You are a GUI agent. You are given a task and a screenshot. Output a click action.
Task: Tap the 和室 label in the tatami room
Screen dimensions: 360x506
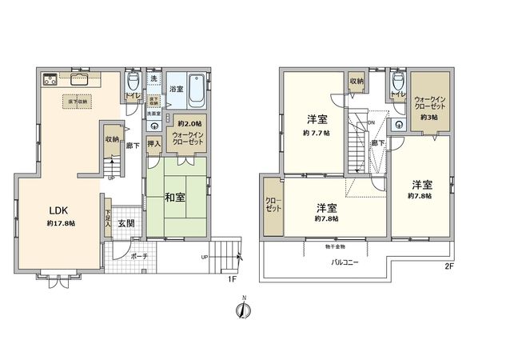pyautogui.click(x=177, y=196)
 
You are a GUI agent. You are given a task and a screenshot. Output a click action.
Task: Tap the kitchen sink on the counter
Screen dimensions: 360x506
pyautogui.click(x=82, y=78)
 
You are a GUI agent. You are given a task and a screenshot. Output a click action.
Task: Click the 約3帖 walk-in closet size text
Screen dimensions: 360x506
pyautogui.click(x=428, y=118)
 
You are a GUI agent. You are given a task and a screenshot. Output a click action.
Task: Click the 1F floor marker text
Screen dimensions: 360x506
pyautogui.click(x=230, y=278)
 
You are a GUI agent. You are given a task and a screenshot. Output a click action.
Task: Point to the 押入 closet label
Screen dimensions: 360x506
pyautogui.click(x=155, y=145)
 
